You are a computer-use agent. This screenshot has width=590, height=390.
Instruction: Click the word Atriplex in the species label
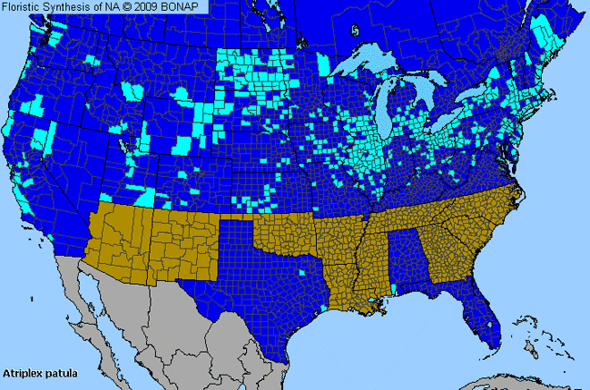click(25, 372)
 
